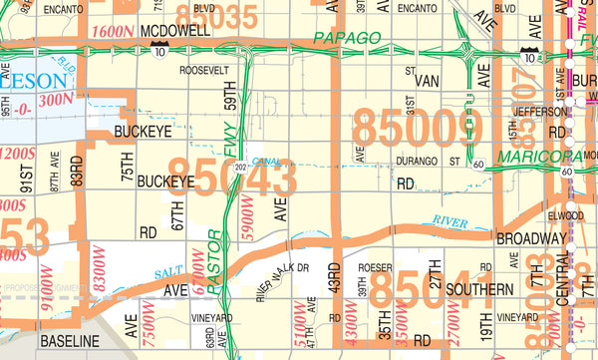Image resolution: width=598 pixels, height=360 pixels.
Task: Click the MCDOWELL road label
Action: tap(175, 31)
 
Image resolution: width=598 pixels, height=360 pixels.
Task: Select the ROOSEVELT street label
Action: tap(203, 71)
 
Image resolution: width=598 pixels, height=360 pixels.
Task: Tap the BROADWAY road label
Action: tap(531, 239)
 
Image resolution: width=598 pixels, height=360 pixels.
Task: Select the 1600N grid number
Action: tap(113, 31)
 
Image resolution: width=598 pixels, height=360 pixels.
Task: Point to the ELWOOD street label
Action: tap(565, 213)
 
